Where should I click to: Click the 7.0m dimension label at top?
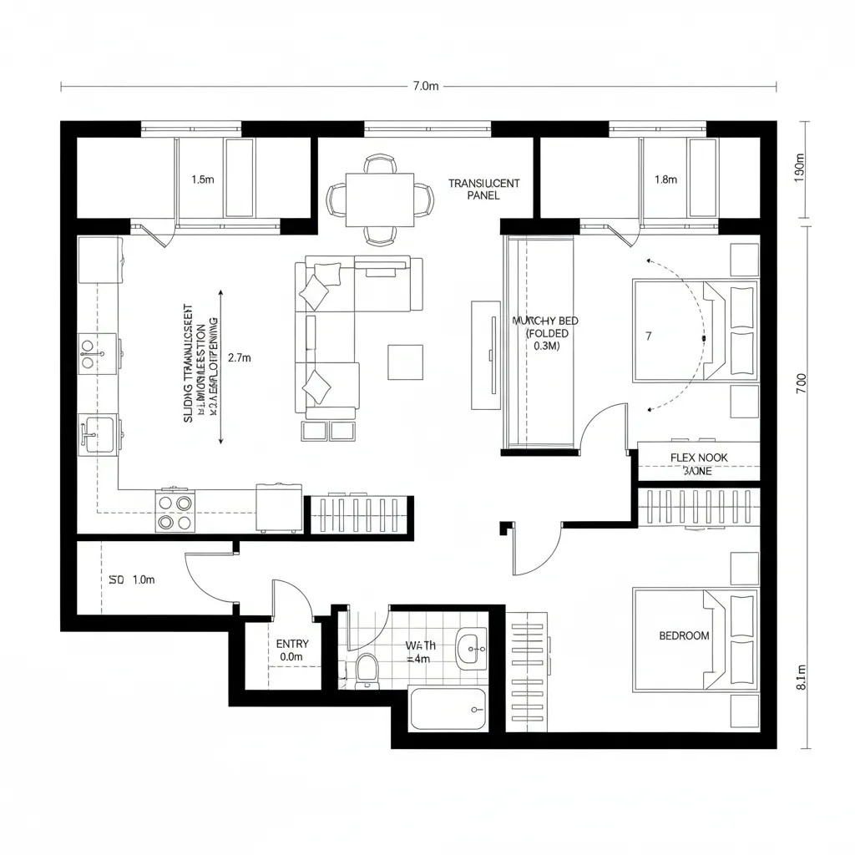point(425,86)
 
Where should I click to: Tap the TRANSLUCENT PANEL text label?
point(483,189)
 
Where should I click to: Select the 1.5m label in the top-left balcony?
point(203,180)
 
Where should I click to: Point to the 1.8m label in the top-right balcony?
point(666,180)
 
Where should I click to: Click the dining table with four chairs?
point(380,199)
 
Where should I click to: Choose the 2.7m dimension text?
point(239,357)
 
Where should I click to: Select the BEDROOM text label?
point(684,635)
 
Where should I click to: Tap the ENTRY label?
point(292,644)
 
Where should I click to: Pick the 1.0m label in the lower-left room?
point(142,579)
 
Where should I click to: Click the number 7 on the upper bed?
point(648,336)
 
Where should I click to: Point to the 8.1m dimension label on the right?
point(802,677)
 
